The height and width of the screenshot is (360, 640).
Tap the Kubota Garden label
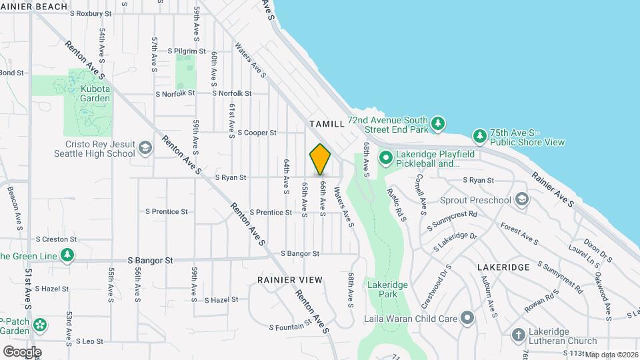coord(95,93)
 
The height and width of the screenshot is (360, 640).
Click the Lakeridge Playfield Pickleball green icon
coord(385,159)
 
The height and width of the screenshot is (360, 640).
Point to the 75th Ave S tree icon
coord(479,137)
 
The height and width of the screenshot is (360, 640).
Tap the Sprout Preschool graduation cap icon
coord(521,199)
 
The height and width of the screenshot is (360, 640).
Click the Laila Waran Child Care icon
coord(467,318)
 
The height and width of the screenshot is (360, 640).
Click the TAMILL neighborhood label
coord(327,124)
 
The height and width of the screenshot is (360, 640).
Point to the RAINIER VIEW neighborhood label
coord(290,280)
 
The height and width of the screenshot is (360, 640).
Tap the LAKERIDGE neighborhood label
coord(503,267)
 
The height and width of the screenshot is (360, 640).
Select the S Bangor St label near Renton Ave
coord(300,253)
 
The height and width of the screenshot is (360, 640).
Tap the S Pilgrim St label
coord(187,51)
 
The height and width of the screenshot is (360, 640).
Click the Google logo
coord(22,351)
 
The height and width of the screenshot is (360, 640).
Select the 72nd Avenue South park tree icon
coord(437,124)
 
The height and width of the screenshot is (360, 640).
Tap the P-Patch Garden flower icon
coord(41,325)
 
